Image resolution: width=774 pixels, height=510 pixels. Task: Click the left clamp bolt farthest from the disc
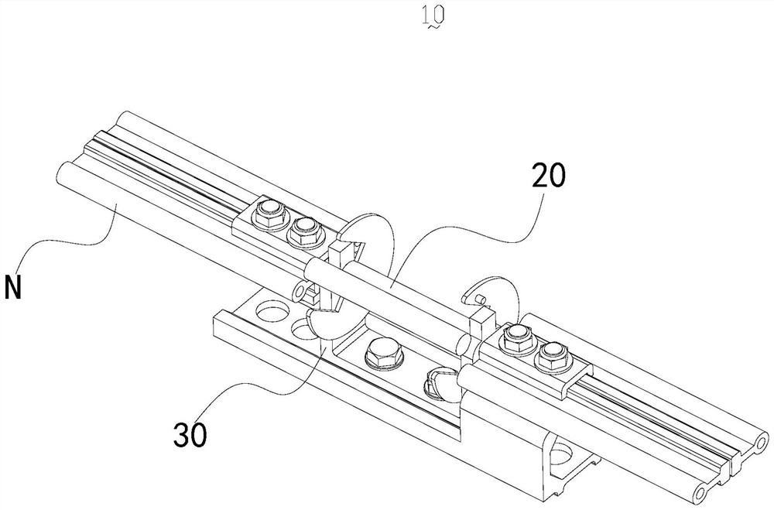tap(270, 211)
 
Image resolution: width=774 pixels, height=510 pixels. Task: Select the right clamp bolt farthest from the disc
tap(550, 354)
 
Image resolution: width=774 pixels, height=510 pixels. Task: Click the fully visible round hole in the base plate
tap(267, 311)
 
